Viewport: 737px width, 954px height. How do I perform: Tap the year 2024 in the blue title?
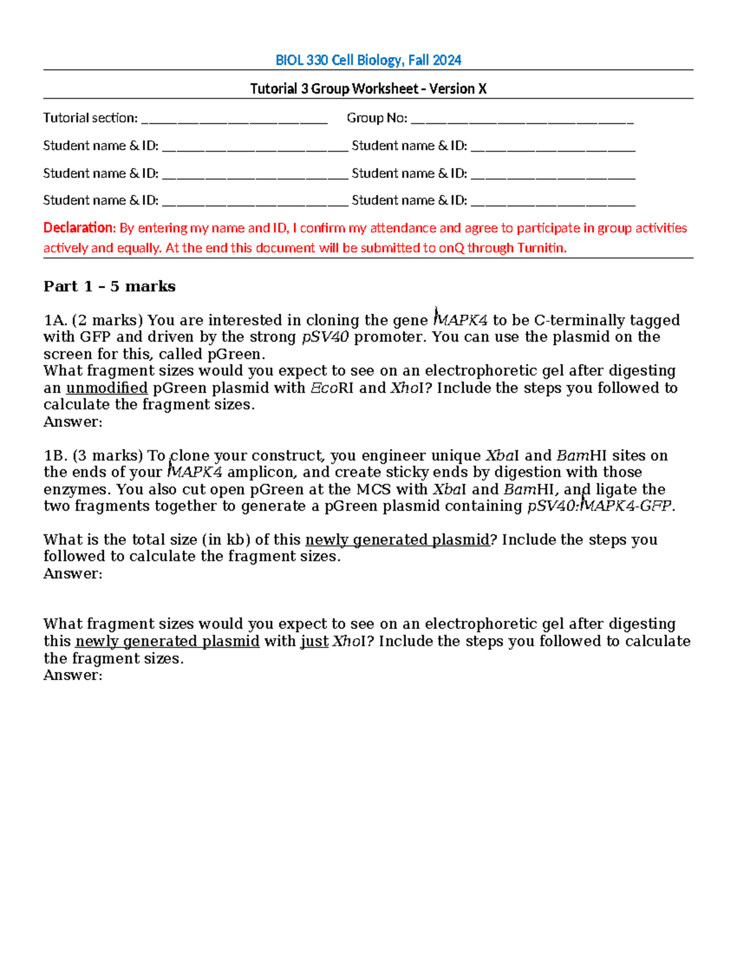coord(446,60)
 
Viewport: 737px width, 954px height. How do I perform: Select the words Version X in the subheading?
coord(458,89)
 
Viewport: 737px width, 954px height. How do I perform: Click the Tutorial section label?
coord(90,118)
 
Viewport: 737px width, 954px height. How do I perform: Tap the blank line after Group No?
coord(522,119)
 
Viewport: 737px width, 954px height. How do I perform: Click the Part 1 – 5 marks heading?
coord(109,287)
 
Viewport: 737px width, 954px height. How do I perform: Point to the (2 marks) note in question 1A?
coord(107,321)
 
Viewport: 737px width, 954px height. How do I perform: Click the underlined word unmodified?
coord(107,388)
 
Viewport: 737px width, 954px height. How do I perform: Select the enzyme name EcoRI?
coord(332,388)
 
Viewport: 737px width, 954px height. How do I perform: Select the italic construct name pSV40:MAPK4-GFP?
coord(601,506)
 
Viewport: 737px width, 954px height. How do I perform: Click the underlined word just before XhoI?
coord(314,641)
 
